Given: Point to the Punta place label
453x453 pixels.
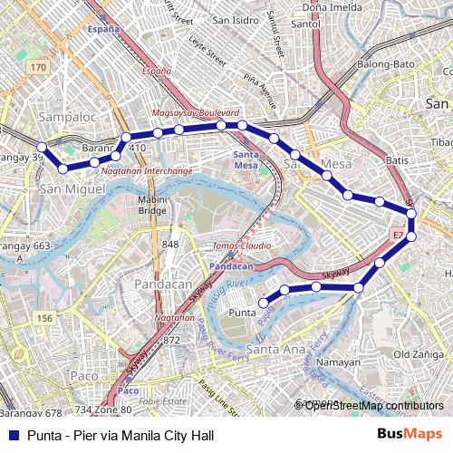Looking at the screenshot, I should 242,313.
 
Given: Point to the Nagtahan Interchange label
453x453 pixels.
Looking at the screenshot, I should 146,170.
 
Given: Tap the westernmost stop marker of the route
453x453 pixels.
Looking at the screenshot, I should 42,147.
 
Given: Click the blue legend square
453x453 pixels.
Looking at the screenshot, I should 12,435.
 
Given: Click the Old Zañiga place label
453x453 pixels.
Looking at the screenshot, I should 418,354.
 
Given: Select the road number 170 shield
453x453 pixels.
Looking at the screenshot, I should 37,68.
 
